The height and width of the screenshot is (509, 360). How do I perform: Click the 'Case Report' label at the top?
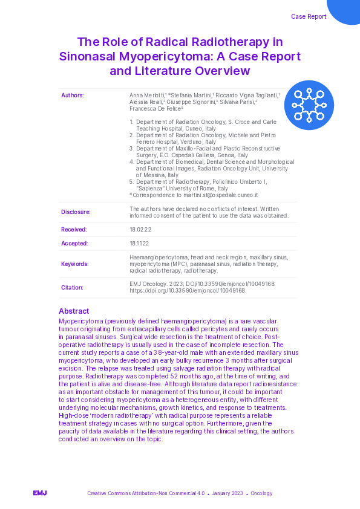click(x=309, y=16)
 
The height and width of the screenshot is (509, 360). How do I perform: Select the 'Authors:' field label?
click(x=73, y=96)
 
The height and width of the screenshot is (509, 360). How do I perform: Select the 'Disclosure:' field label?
click(x=76, y=212)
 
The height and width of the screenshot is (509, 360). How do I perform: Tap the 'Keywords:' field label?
click(x=75, y=264)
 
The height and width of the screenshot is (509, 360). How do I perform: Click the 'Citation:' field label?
click(x=73, y=288)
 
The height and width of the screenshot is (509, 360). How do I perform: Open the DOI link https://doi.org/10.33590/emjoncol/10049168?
click(x=188, y=291)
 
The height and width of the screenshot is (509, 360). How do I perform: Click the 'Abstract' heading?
click(x=74, y=311)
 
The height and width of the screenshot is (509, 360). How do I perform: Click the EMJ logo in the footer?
click(x=40, y=493)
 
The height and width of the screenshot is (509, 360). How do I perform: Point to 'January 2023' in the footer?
click(x=228, y=493)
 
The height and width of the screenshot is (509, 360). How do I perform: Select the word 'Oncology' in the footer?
click(x=261, y=493)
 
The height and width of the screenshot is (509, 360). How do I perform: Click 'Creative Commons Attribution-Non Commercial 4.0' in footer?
click(x=146, y=493)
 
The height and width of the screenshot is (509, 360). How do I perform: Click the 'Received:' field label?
click(x=74, y=230)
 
